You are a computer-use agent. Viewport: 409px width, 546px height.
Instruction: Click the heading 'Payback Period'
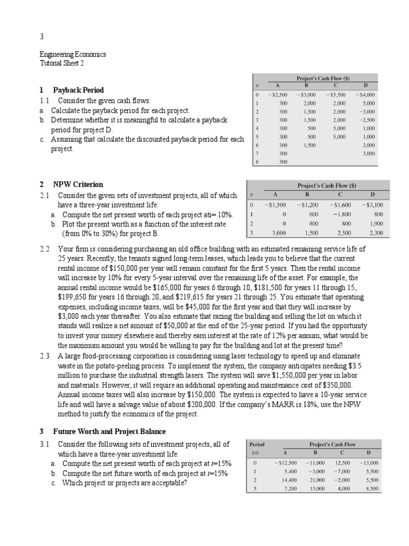point(78,90)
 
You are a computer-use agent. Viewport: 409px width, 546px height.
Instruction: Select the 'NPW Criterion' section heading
point(78,184)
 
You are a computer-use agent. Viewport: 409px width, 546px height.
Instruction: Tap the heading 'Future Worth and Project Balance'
point(109,431)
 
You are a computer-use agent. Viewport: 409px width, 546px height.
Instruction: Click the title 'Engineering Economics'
point(73,54)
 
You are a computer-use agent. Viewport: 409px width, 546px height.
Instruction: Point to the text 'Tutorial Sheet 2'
point(62,63)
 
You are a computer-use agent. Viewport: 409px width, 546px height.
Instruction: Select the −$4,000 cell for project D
point(365,95)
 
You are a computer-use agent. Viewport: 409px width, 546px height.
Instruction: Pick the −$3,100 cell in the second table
point(372,205)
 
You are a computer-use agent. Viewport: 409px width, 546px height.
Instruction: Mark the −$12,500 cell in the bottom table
point(285,463)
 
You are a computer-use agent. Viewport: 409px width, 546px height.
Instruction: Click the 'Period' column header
point(257,444)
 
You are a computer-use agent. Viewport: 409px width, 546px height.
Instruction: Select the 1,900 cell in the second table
point(375,223)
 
